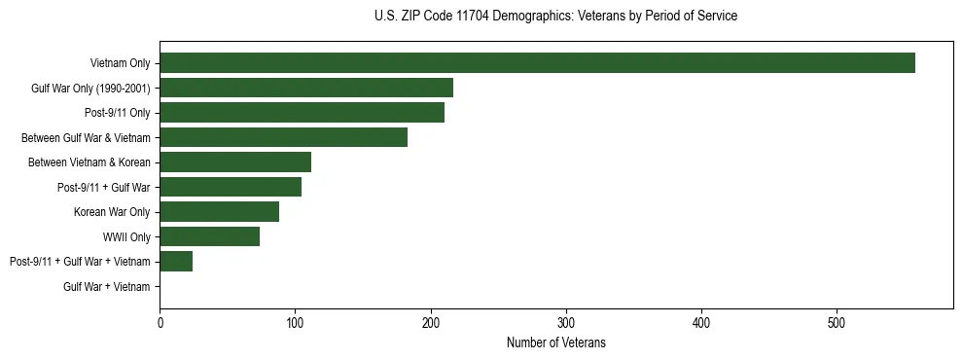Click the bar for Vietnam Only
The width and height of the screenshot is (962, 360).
[537, 63]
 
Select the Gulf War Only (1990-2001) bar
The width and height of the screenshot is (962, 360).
[306, 88]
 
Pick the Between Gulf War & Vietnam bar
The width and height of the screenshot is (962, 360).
[283, 137]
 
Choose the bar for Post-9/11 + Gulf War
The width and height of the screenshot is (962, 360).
[231, 187]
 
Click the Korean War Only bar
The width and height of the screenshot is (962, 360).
[219, 212]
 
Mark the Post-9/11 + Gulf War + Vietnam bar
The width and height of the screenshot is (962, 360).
[176, 262]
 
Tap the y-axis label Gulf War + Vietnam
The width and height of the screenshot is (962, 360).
[107, 286]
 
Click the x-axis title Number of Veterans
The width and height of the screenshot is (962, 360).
[555, 342]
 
